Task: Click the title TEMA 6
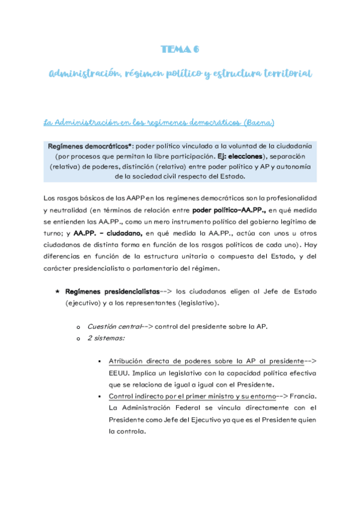click(180, 50)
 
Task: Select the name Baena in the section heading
click(258, 123)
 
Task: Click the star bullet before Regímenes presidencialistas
click(57, 291)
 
